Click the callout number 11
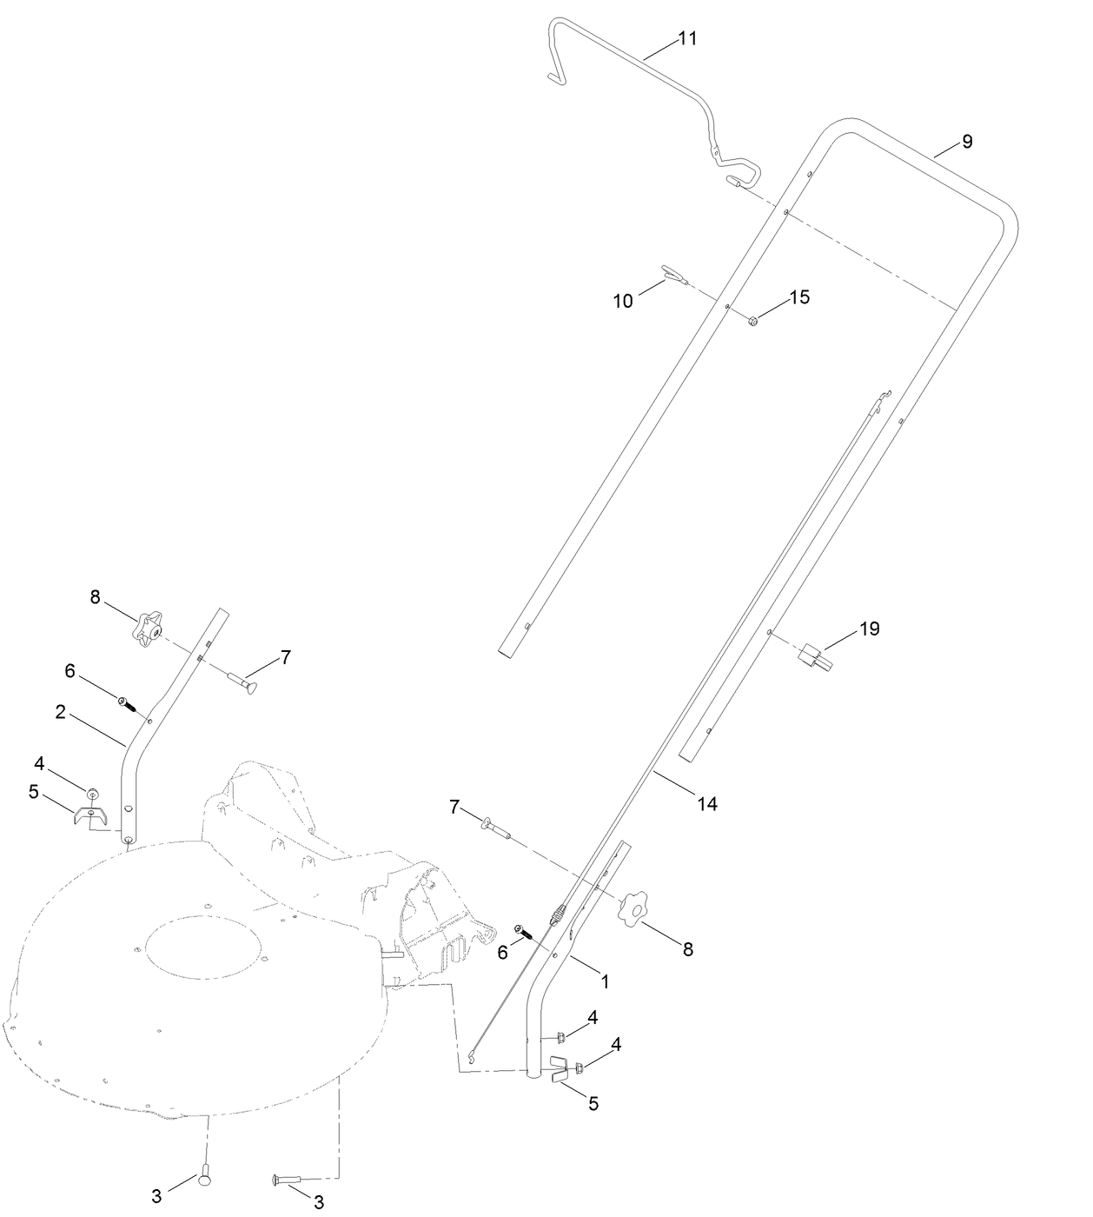(687, 39)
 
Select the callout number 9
(967, 142)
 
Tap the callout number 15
(799, 297)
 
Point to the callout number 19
(870, 628)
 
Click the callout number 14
(707, 804)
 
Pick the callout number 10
(623, 301)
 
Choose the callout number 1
(605, 981)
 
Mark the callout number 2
(60, 712)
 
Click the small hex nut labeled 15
(753, 321)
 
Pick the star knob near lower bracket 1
(633, 909)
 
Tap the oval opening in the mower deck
(203, 948)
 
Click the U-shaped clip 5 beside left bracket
(90, 817)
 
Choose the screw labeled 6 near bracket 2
(127, 702)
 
